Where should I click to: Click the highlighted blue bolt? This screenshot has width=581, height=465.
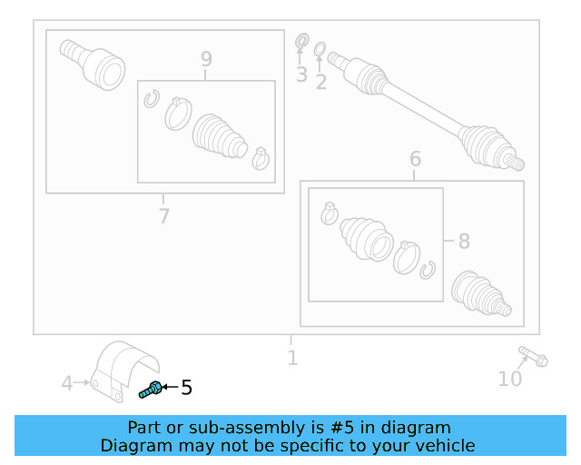click(151, 390)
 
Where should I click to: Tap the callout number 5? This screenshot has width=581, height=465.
click(186, 388)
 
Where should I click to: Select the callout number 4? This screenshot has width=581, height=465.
click(67, 384)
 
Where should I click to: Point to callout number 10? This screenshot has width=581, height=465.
click(510, 378)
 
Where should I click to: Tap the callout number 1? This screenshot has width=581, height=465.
click(292, 358)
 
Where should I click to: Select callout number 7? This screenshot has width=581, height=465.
click(163, 216)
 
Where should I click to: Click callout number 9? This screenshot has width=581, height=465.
click(206, 60)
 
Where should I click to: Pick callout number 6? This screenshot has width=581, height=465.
click(415, 160)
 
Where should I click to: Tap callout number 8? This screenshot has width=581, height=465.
click(463, 242)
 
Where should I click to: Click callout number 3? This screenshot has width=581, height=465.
click(301, 74)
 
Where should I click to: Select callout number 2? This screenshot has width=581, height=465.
click(320, 82)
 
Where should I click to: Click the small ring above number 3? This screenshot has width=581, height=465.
click(302, 40)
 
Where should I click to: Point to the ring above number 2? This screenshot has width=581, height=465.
click(320, 48)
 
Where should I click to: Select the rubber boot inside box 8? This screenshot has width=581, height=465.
click(366, 238)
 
